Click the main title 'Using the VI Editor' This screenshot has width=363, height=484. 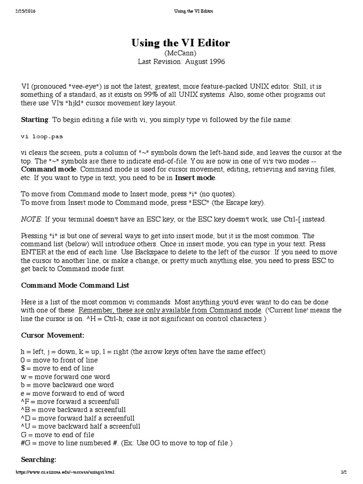pyautogui.click(x=181, y=43)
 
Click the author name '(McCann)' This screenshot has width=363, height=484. pyautogui.click(x=181, y=53)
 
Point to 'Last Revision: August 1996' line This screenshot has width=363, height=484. pyautogui.click(x=181, y=61)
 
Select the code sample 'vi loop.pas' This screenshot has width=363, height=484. pyautogui.click(x=42, y=137)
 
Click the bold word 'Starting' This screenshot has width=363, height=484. pyautogui.click(x=35, y=120)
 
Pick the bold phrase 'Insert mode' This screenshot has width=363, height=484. pyautogui.click(x=195, y=178)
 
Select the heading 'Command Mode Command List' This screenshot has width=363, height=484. pyautogui.click(x=75, y=285)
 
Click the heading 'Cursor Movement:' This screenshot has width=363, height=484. pyautogui.click(x=52, y=335)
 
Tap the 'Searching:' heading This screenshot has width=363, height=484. pyautogui.click(x=39, y=459)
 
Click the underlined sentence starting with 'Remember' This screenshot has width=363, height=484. pyautogui.click(x=170, y=310)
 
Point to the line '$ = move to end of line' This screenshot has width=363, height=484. pyautogui.click(x=57, y=368)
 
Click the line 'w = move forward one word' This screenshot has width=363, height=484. pyautogui.click(x=65, y=377)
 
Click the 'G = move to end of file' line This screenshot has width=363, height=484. pyautogui.click(x=58, y=435)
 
